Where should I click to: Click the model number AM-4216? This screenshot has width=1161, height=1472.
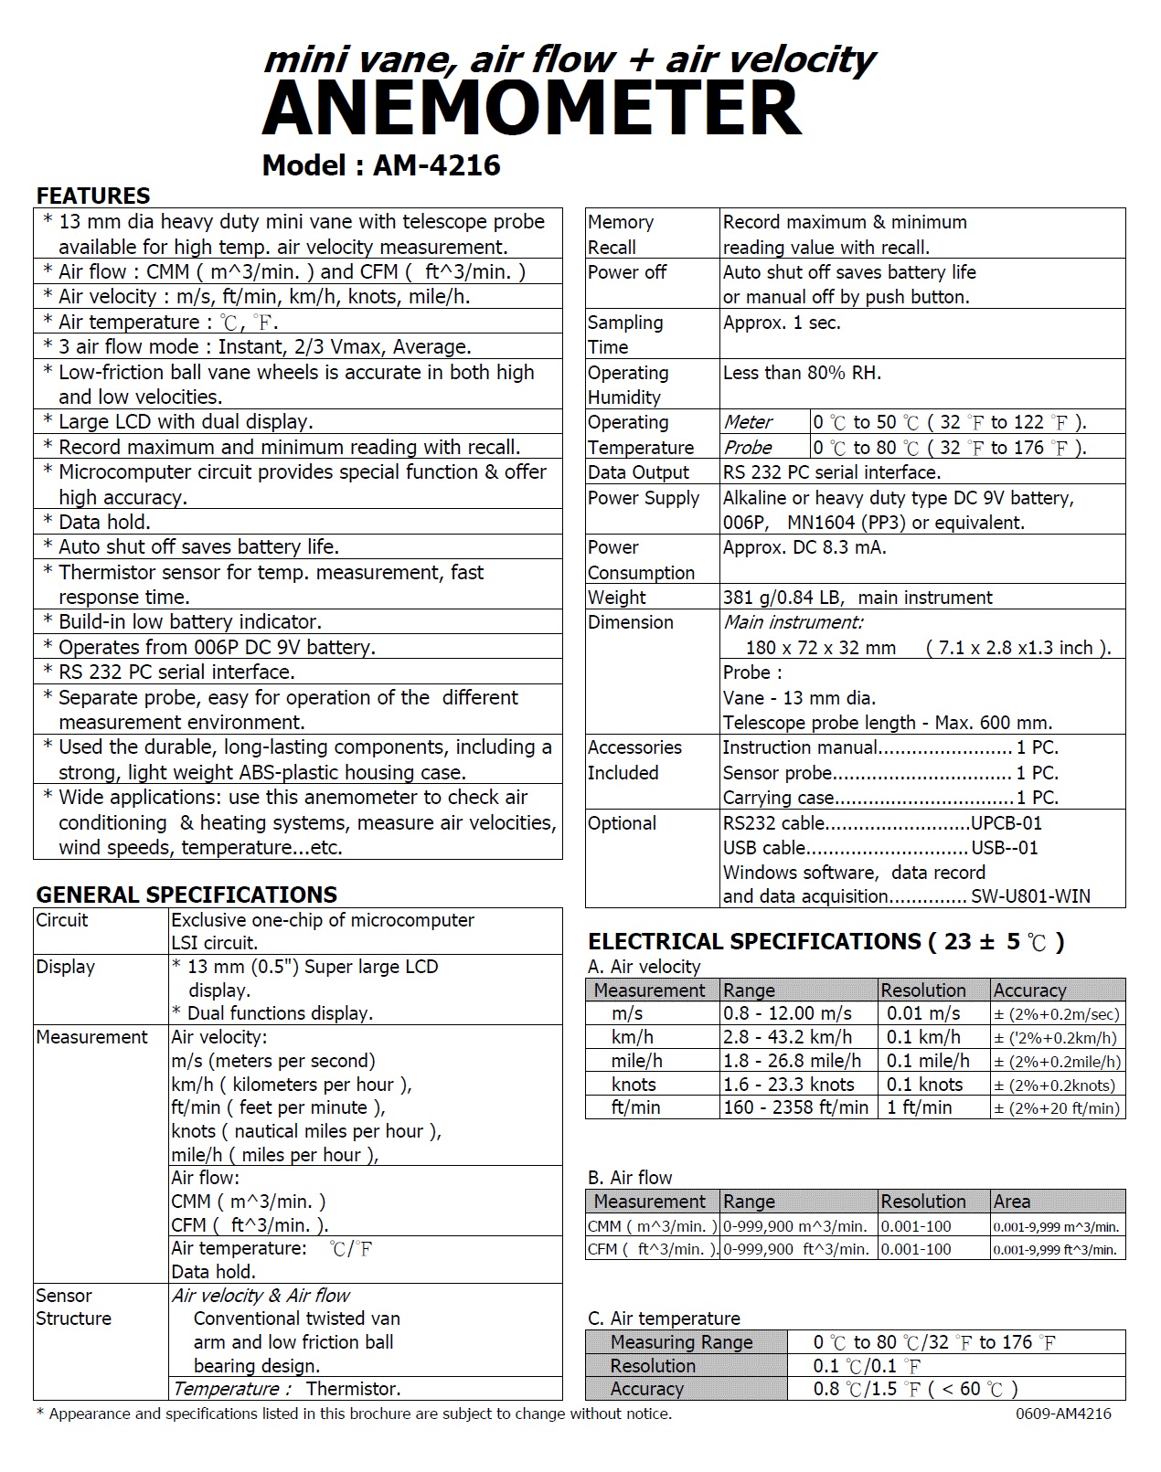(437, 164)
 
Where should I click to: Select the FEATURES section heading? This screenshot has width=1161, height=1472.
(92, 196)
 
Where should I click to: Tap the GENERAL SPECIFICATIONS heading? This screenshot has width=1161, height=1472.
(186, 895)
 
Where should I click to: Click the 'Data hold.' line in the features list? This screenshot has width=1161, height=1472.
(104, 522)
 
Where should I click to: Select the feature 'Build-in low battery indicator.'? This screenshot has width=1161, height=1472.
(190, 622)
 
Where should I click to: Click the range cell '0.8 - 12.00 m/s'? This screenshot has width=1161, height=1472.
(787, 1013)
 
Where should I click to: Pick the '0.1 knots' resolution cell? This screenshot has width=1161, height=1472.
(925, 1085)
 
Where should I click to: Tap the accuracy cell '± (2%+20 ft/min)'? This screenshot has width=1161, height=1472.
(1057, 1108)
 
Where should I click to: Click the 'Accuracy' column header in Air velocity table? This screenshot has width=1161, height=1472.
(1029, 990)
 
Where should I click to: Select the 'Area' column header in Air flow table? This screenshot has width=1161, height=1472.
(1012, 1202)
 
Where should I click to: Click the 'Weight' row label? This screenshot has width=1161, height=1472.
(617, 598)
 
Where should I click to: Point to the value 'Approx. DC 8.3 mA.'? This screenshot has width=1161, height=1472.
(804, 547)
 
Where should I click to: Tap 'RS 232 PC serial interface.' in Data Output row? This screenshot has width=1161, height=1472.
(831, 472)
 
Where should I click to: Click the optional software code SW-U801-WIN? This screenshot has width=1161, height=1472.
(1030, 896)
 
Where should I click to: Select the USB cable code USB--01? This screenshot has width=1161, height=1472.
(1005, 848)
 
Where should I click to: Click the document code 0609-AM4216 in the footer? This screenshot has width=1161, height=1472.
(1063, 1414)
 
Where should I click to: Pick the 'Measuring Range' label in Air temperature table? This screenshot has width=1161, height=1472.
(681, 1342)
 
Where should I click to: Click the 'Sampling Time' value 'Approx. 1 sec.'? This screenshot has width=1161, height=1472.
(782, 323)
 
